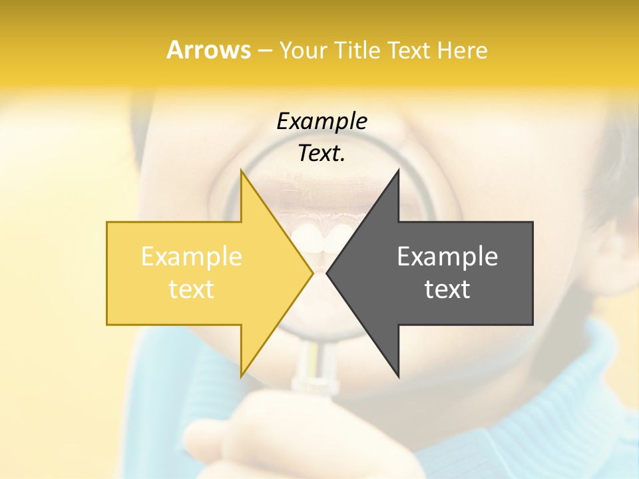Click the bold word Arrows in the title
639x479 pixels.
click(208, 50)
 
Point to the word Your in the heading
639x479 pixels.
click(303, 50)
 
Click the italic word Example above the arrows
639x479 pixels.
click(321, 122)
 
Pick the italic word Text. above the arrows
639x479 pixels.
click(321, 154)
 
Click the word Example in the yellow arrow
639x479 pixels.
click(192, 256)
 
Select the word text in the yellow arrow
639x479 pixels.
click(192, 289)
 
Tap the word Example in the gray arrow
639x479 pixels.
click(447, 256)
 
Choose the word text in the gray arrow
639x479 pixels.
click(447, 289)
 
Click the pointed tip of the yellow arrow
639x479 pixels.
click(312, 273)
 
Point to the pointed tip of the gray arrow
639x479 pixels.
click(327, 273)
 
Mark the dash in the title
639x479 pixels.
click(264, 50)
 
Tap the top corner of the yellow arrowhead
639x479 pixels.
click(242, 171)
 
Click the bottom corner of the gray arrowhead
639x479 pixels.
click(398, 375)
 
